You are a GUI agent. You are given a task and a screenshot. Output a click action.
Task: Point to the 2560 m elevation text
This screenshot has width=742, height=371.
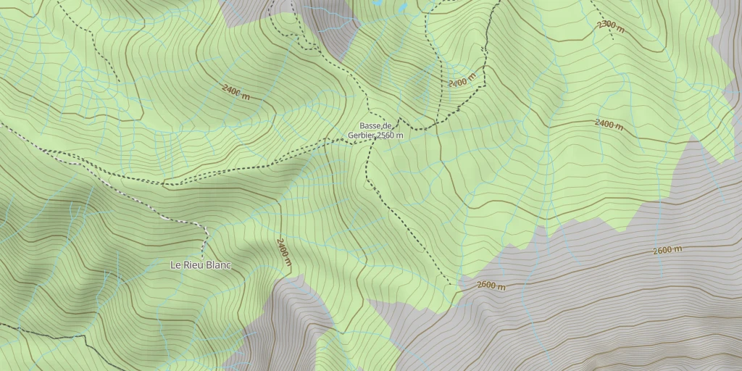pyautogui.click(x=390, y=135)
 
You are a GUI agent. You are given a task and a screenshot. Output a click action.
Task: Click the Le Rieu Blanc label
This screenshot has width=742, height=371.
pyautogui.click(x=200, y=265)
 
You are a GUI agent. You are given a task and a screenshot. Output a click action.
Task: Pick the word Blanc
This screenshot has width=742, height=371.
pyautogui.click(x=218, y=265)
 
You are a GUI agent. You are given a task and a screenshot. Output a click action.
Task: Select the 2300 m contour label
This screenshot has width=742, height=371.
pyautogui.click(x=610, y=26)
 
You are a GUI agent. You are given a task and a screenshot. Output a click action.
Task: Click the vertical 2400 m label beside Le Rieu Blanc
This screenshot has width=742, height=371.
pyautogui.click(x=283, y=253)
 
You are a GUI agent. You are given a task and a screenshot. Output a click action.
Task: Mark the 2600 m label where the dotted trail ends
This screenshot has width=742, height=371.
pyautogui.click(x=491, y=285)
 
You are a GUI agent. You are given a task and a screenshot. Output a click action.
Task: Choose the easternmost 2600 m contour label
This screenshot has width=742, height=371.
pyautogui.click(x=667, y=251)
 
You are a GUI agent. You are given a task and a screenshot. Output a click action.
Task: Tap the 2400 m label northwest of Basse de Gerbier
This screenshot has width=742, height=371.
pyautogui.click(x=236, y=92)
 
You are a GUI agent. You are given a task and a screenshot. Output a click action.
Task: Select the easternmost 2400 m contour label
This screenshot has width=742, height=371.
pyautogui.click(x=609, y=124)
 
